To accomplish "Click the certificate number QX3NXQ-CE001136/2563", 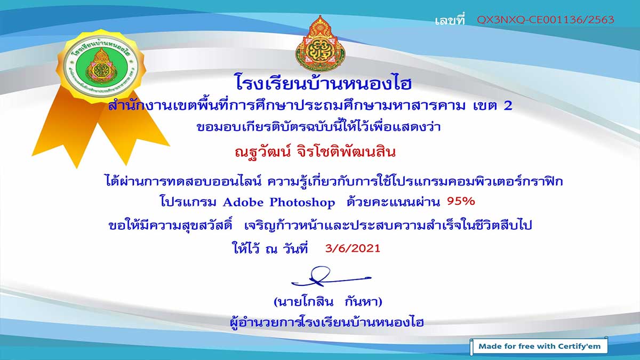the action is click(x=546, y=20).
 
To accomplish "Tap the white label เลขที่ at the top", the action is click(x=450, y=19).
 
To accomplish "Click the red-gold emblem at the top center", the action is click(x=320, y=43).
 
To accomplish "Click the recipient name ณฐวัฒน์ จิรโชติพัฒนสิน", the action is click(x=315, y=151).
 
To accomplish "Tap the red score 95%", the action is click(x=461, y=202).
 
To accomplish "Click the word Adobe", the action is click(x=243, y=202).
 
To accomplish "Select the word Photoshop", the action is click(x=302, y=203).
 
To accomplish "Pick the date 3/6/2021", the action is click(x=353, y=249).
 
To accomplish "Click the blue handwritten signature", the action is click(x=331, y=277).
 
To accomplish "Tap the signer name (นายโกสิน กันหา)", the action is click(x=327, y=302).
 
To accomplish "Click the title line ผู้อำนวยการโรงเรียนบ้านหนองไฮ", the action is click(x=326, y=322).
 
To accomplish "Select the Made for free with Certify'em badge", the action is click(x=539, y=346).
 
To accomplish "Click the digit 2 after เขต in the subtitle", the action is click(x=507, y=106).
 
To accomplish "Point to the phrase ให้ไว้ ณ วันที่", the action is click(x=270, y=248).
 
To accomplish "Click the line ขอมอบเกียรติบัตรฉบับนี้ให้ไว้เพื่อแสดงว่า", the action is click(x=318, y=127).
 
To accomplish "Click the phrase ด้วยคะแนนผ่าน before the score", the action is click(x=393, y=202).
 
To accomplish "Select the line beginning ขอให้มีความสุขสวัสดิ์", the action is click(x=321, y=226).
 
